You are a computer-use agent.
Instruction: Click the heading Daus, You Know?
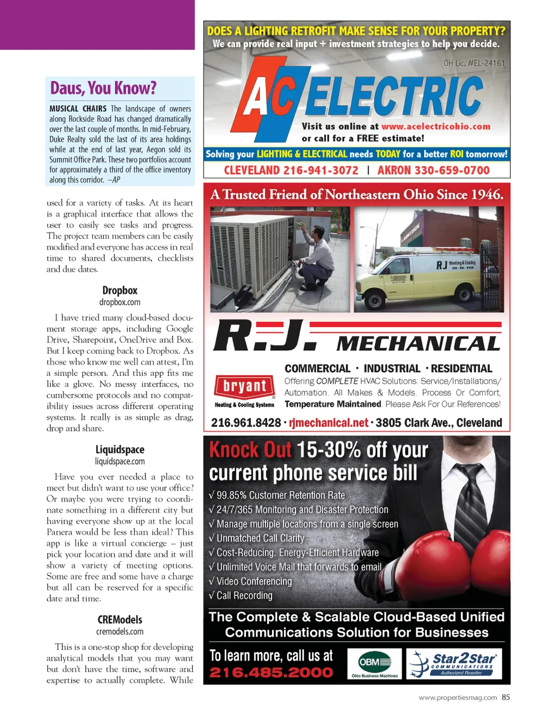coord(103,88)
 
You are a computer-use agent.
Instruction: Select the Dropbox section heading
coord(119,291)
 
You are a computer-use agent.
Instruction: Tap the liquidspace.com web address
coord(119,462)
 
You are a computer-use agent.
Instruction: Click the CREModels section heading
coord(119,620)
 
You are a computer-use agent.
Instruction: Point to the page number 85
coord(506,698)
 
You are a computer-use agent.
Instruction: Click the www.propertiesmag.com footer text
coord(458,698)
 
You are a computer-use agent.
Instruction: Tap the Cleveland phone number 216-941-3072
coord(291,171)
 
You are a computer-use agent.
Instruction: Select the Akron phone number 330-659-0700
coord(433,171)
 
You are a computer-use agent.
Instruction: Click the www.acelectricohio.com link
coord(435,127)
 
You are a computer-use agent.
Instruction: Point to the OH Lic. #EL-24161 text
coord(474,63)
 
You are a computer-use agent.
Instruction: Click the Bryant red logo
coord(244,386)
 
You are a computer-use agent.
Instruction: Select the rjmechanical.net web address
coord(328,423)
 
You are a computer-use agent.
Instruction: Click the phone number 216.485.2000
coord(271,673)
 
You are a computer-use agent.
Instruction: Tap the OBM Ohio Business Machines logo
coord(374,664)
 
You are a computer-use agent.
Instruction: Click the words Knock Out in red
coord(250,450)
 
